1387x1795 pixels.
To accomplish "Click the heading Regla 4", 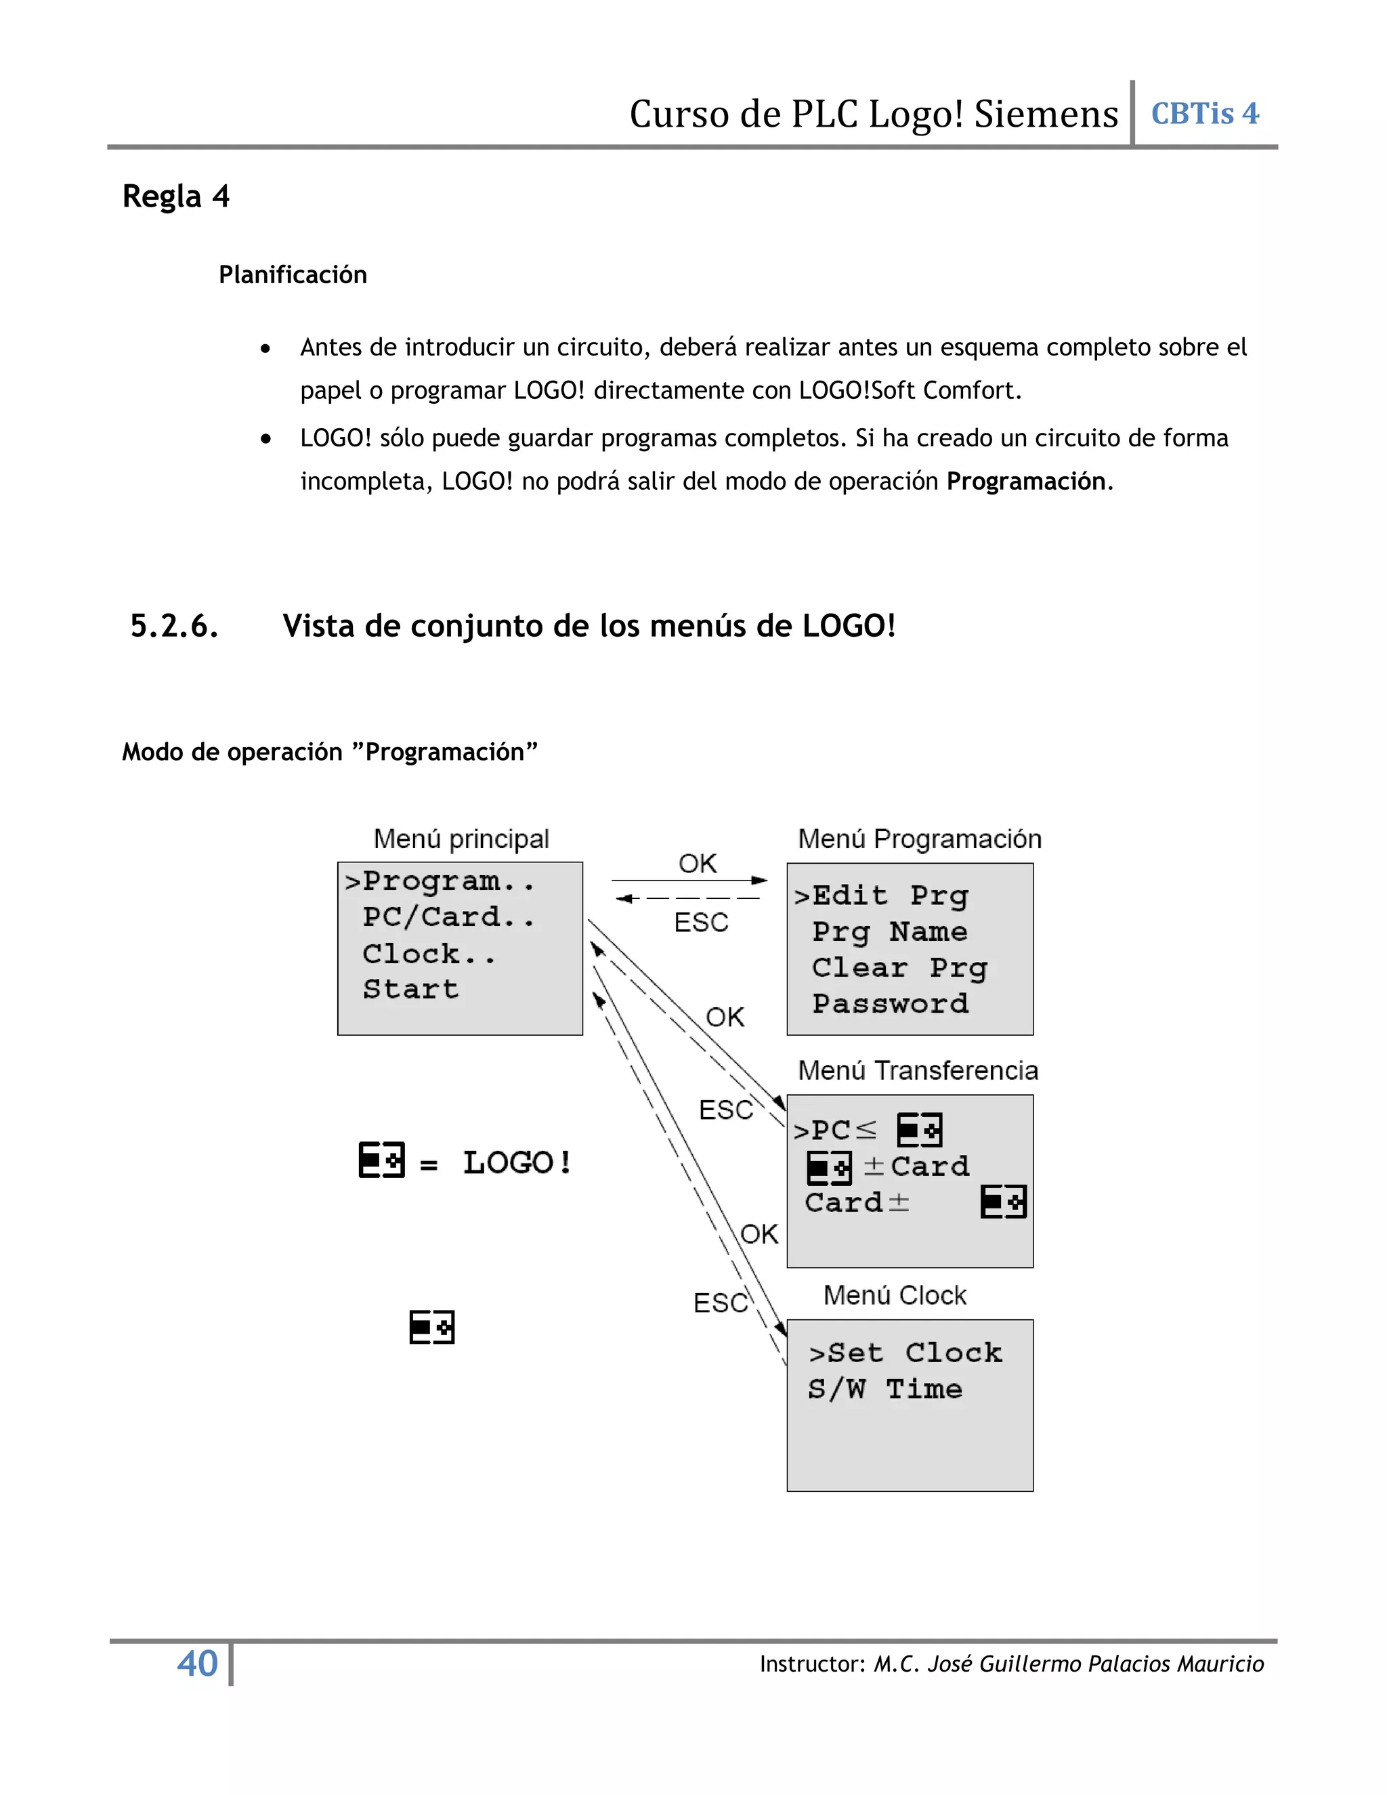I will (176, 196).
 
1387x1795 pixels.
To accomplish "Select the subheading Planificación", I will (293, 274).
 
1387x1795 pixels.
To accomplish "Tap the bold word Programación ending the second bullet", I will (1025, 481).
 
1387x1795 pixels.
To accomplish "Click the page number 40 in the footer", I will (197, 1664).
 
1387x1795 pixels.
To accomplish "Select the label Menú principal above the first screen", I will (461, 839).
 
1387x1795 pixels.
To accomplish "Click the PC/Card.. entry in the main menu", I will (448, 917).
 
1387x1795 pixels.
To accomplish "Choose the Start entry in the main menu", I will (411, 990).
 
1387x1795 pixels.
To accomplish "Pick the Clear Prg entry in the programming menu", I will (899, 968).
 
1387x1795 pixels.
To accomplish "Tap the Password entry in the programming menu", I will (890, 1005).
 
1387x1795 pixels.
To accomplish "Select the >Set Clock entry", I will (905, 1353).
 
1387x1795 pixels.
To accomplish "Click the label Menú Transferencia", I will (918, 1070).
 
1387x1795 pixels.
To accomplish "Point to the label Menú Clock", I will (895, 1295).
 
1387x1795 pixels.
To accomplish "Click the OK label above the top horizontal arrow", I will (698, 864).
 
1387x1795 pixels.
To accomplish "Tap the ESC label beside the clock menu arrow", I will (720, 1303).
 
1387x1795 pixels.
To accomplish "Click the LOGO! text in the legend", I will (517, 1162).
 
